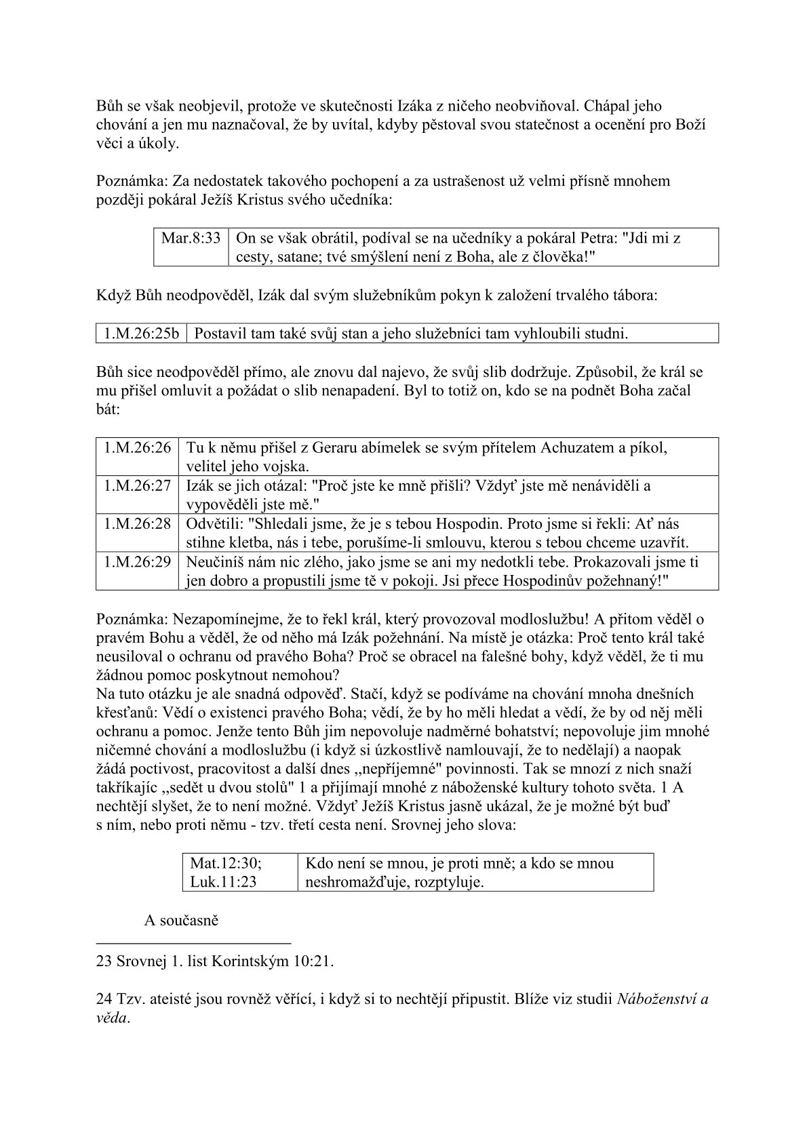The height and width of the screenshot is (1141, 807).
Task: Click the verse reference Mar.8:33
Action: pyautogui.click(x=191, y=238)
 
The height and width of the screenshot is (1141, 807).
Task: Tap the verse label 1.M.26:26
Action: pyautogui.click(x=138, y=447)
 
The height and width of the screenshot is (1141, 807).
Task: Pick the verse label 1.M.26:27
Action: pyautogui.click(x=138, y=485)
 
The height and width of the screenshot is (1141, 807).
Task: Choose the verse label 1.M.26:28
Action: pyautogui.click(x=138, y=523)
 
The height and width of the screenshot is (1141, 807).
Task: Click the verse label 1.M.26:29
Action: pyautogui.click(x=138, y=561)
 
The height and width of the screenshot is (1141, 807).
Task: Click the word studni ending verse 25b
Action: pyautogui.click(x=606, y=333)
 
